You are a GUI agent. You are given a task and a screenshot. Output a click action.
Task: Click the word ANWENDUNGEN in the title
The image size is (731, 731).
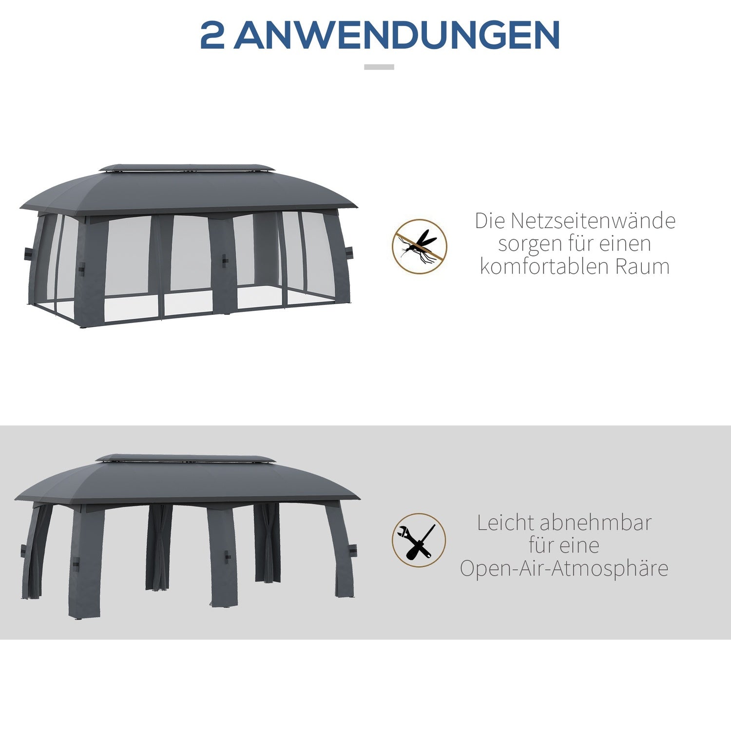[x=397, y=35]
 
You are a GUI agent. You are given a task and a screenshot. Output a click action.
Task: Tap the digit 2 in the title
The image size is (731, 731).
[x=212, y=35]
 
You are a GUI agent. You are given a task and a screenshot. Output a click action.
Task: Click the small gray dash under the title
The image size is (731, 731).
[x=379, y=67]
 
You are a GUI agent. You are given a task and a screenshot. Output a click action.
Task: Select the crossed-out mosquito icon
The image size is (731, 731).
[x=420, y=246]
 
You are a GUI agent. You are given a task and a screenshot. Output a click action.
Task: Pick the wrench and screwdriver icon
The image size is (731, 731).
[x=419, y=540]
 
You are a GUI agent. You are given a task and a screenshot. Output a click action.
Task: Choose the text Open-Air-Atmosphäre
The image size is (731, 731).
[x=564, y=568]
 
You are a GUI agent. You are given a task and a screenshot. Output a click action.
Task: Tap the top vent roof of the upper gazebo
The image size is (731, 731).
[x=186, y=168]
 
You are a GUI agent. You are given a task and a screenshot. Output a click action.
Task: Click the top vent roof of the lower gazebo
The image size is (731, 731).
[x=185, y=459]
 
